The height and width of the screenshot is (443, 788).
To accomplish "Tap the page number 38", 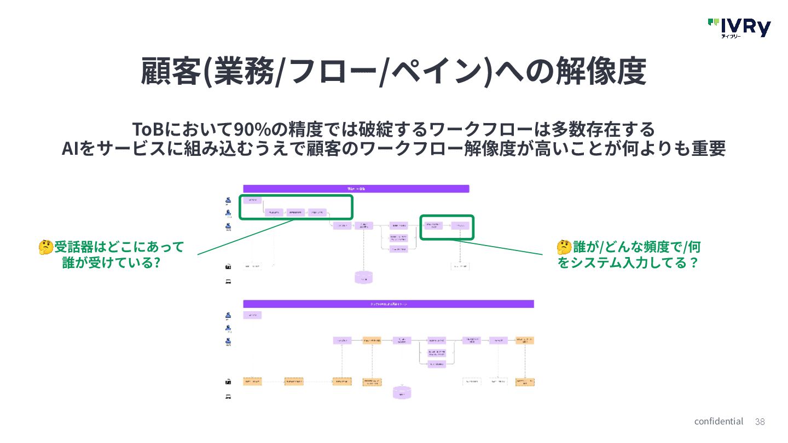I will (760, 422).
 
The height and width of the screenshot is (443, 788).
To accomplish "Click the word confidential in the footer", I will (719, 421).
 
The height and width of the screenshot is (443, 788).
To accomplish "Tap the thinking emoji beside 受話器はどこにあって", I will (46, 247).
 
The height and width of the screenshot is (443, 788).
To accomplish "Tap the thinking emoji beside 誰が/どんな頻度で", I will (564, 247).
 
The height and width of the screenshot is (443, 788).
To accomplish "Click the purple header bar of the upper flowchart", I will (356, 189).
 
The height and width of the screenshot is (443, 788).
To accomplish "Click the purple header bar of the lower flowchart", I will (388, 304).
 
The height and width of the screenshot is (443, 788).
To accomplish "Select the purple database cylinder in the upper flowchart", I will (364, 277).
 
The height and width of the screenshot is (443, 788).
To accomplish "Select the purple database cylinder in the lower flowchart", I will (402, 392).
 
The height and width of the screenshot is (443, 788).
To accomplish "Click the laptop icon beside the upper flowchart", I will (228, 282).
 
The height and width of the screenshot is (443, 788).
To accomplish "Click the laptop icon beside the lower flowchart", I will (228, 397).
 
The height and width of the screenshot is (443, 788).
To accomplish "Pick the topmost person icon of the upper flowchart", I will (228, 200).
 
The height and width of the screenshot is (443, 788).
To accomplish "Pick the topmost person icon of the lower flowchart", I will (228, 316).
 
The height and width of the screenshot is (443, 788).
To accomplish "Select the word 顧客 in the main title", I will (171, 72).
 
